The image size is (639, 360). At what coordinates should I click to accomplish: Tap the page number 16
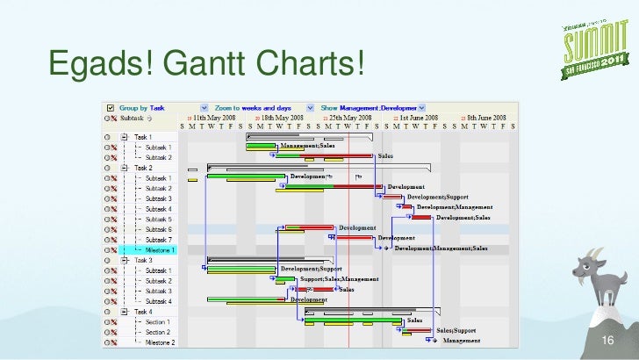point(603,342)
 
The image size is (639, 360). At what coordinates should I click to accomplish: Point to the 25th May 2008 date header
point(352,117)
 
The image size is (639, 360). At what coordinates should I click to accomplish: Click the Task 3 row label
point(143,260)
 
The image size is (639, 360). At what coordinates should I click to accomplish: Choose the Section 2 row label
point(158,332)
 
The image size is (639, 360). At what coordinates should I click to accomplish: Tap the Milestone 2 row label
point(161,342)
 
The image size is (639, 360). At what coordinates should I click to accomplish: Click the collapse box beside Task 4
point(126,312)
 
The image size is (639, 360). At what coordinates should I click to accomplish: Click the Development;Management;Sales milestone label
point(442,248)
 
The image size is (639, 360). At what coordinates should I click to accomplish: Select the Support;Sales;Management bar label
point(340,279)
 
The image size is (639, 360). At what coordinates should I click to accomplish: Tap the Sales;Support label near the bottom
point(456,331)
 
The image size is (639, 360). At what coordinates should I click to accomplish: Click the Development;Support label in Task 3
point(310,269)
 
